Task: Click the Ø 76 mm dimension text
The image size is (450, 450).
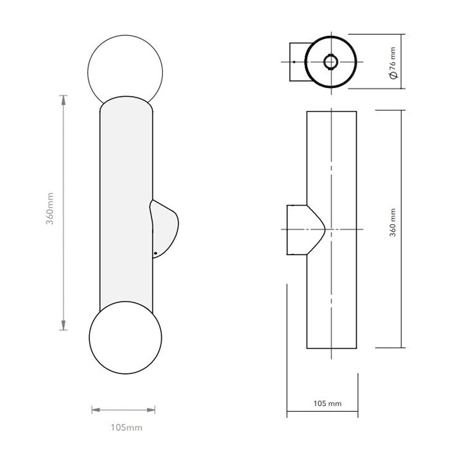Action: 393,63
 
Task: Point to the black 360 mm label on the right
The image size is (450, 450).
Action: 393,222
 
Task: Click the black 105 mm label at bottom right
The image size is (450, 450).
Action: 327,403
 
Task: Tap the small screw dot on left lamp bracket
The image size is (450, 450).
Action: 155,253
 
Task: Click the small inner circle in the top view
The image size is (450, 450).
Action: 330,62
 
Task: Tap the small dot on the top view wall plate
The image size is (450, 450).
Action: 293,62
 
